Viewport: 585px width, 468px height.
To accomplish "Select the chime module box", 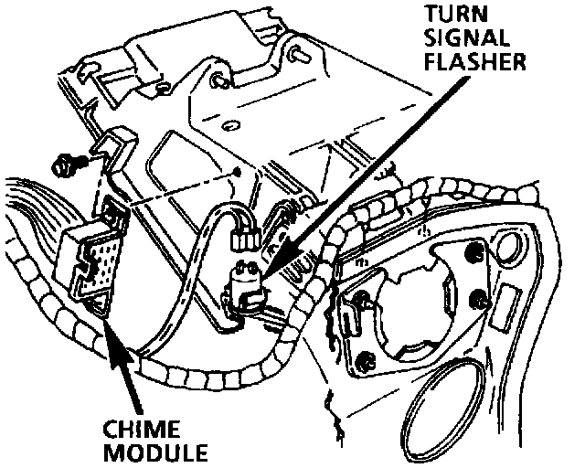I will [90, 261].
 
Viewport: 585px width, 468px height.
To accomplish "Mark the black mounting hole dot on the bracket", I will [236, 170].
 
